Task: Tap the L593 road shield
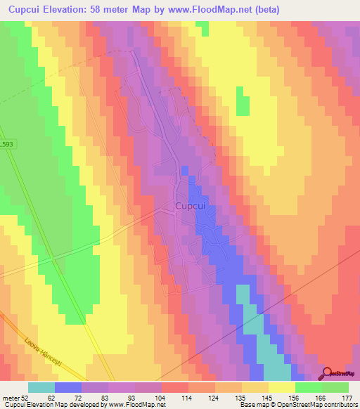[6, 144]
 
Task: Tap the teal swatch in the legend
[41, 387]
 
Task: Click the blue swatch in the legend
[68, 387]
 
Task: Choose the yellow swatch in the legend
[281, 387]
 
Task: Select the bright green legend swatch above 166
[308, 387]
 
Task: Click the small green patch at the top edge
[203, 28]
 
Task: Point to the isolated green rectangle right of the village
[242, 101]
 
